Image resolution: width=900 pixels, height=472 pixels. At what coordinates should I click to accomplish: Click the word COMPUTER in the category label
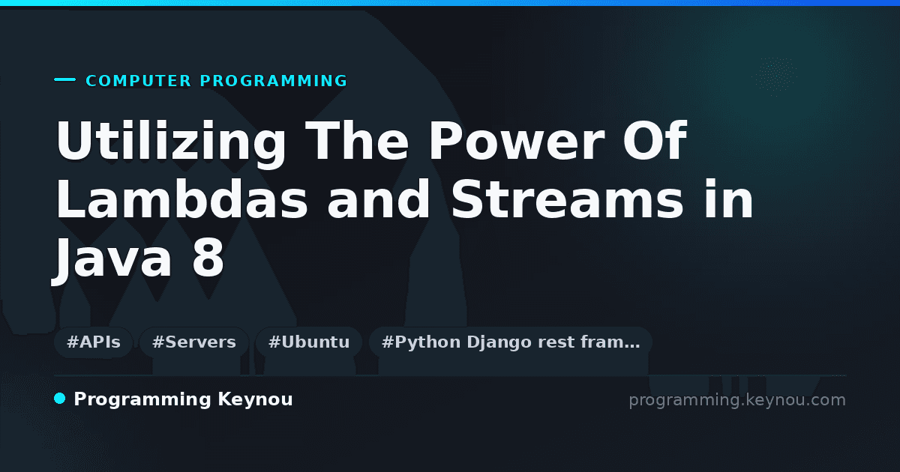(138, 81)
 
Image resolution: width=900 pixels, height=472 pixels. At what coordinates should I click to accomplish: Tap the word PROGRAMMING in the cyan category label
(273, 81)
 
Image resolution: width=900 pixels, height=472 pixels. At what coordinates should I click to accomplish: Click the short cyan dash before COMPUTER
(64, 79)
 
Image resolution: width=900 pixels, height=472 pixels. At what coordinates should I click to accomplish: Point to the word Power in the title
(516, 141)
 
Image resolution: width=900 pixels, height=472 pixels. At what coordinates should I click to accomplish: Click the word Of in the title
(655, 141)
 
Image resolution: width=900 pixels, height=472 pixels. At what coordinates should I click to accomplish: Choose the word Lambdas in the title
(181, 199)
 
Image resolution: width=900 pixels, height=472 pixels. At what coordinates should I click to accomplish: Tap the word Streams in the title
(567, 199)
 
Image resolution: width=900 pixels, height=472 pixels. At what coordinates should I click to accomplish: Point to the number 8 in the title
(208, 257)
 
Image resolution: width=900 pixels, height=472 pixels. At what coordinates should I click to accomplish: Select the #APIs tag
(94, 342)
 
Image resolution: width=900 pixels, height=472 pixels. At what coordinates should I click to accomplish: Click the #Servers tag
(194, 342)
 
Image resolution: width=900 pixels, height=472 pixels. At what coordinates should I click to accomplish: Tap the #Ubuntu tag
(309, 342)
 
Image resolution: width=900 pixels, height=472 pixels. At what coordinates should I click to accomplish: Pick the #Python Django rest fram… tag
(511, 342)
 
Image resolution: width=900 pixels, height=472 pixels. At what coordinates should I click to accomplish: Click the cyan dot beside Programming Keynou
(60, 399)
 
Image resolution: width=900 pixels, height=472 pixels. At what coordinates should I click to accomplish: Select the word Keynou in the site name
(255, 400)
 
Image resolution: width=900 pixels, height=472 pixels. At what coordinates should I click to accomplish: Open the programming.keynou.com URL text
(737, 400)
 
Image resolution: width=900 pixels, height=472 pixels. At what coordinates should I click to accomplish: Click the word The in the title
(357, 141)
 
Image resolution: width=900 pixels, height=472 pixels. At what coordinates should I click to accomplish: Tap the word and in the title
(379, 199)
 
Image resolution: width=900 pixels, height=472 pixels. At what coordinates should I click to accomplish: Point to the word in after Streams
(728, 199)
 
